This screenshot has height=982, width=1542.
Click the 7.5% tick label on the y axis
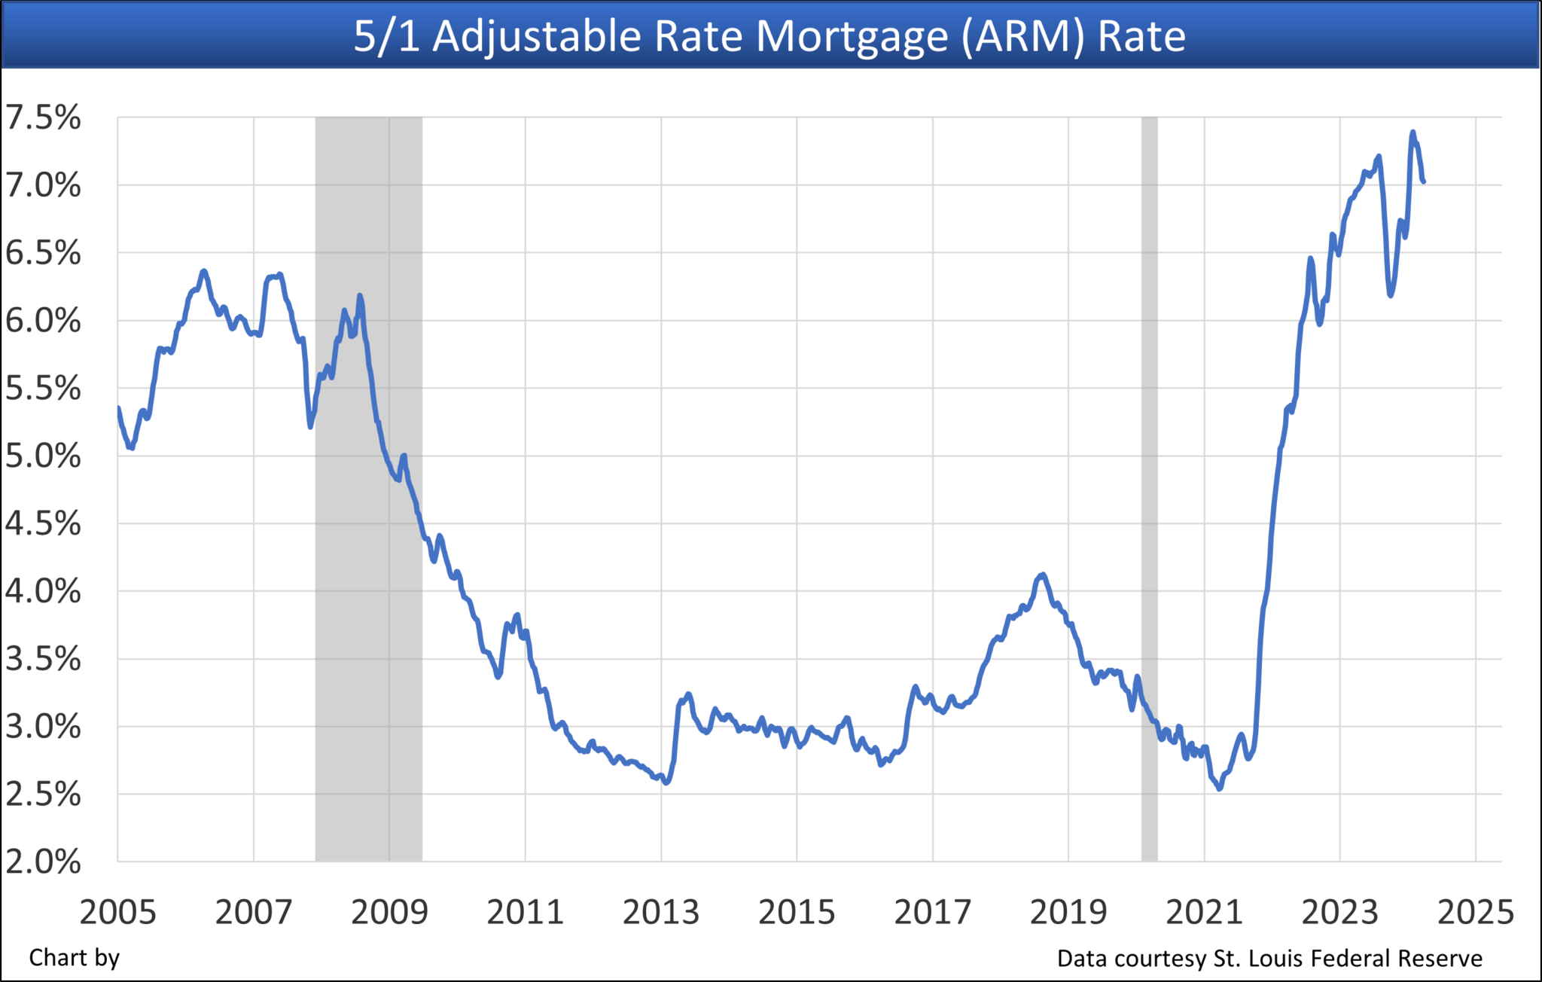click(43, 117)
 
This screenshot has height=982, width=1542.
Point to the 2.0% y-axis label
click(43, 862)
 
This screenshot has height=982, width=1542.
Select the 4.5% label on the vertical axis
click(43, 523)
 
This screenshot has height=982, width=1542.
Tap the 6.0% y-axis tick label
click(43, 321)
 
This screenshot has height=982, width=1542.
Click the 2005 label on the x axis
click(117, 913)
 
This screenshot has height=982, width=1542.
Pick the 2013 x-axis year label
click(660, 913)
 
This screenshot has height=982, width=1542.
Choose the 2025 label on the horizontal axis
click(1475, 913)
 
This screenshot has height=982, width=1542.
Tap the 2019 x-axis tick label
click(1068, 913)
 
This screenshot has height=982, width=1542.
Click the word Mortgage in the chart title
click(852, 36)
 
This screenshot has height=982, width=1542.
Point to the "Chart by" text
click(74, 958)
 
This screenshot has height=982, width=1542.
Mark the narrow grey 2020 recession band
click(1149, 489)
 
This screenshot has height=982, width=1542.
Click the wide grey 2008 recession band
click(368, 489)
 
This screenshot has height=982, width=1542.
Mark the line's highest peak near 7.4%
click(1412, 133)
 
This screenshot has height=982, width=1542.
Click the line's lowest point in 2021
click(1220, 788)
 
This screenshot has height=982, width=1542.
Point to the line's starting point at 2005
click(118, 408)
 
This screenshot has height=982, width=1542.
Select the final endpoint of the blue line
click(1423, 181)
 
